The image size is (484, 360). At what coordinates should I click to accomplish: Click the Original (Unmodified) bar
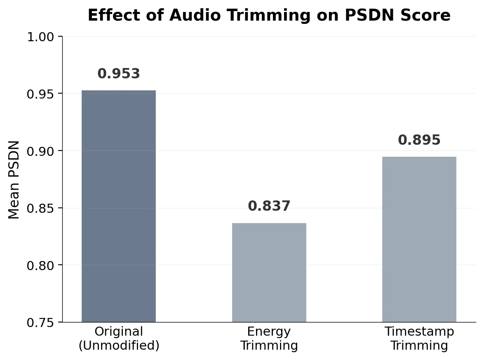click(119, 206)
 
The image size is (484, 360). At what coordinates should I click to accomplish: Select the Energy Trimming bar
click(269, 273)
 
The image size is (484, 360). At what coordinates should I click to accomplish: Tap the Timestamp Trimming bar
click(419, 239)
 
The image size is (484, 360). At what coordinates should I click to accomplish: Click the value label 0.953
click(119, 73)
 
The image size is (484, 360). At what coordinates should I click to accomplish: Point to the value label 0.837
click(269, 206)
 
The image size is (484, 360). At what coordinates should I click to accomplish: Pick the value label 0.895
click(419, 140)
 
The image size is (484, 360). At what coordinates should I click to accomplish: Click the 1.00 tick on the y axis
click(40, 37)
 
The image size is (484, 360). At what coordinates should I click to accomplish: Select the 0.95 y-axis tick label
click(40, 94)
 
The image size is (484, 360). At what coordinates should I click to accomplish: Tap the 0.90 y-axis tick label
click(40, 151)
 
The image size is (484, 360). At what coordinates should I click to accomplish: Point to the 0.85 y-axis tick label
click(40, 208)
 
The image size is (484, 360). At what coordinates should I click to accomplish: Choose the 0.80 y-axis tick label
click(40, 266)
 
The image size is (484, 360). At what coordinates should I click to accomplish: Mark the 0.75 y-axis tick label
click(40, 322)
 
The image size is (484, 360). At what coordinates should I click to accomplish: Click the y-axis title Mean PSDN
click(14, 180)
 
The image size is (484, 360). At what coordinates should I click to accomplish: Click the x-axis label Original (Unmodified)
click(119, 339)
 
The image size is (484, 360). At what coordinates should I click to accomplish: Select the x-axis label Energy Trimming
click(269, 339)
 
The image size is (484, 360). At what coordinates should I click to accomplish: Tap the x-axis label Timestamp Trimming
click(419, 339)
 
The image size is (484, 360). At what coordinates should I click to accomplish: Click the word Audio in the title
click(195, 15)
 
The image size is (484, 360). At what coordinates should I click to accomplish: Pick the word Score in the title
click(425, 15)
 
